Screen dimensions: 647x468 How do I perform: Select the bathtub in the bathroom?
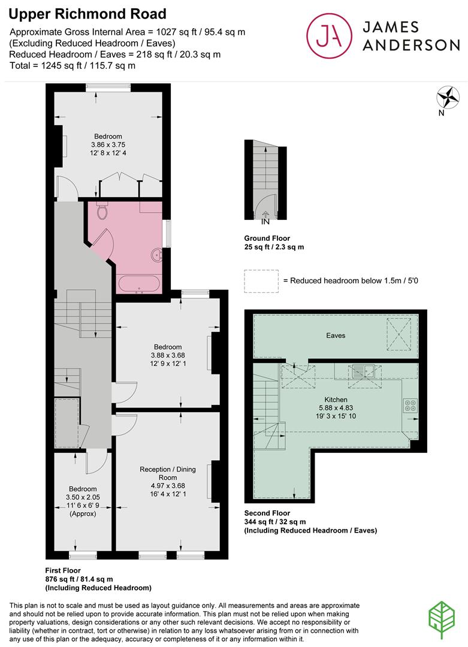coord(139,284)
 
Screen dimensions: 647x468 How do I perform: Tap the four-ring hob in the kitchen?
coord(411,406)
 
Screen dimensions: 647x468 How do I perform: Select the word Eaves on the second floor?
coord(336,335)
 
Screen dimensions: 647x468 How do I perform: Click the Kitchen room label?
coord(336,400)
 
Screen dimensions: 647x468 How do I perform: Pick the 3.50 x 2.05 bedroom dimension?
coord(82,497)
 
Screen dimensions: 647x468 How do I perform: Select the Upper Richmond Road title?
coord(88,13)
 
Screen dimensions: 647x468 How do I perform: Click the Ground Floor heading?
coord(267,238)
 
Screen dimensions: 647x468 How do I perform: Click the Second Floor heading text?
coord(267,513)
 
